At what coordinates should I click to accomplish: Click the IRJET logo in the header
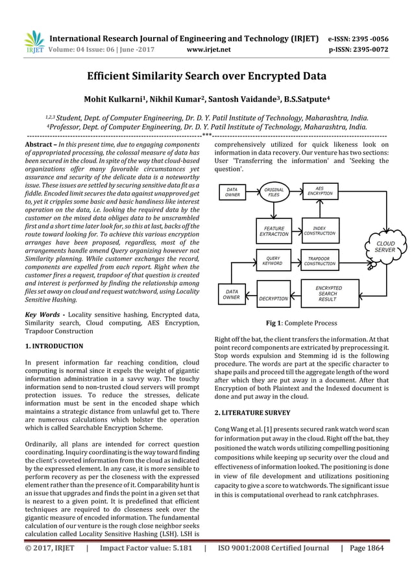(x=34, y=41)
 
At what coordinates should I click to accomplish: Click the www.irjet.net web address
(x=206, y=47)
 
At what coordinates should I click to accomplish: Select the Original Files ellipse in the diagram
(x=275, y=192)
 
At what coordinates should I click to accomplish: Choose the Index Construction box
(x=320, y=231)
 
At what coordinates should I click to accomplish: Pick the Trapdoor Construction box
(x=320, y=261)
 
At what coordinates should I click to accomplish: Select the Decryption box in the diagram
(x=273, y=298)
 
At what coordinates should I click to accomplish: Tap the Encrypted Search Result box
(x=328, y=294)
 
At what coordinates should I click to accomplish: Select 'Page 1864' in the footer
(x=367, y=548)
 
